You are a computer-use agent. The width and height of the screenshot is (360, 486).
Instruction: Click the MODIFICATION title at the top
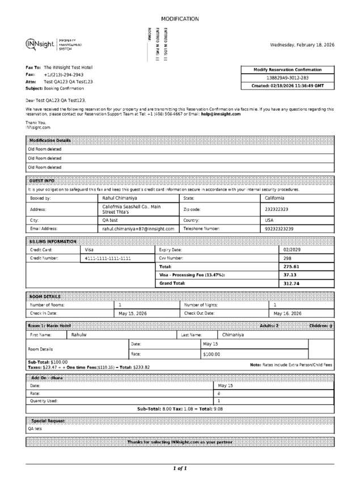coord(180,19)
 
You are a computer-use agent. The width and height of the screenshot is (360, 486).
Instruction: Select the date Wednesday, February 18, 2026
coord(302,44)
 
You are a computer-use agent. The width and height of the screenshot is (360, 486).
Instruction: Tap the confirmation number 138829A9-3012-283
coord(287,78)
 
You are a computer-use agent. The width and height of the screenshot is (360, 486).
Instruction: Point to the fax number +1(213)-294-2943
coord(63,74)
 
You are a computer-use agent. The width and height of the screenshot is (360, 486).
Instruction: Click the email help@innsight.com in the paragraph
coord(221,114)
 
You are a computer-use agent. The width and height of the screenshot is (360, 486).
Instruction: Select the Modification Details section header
coord(50,140)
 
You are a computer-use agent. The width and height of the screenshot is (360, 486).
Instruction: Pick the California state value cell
coord(275,198)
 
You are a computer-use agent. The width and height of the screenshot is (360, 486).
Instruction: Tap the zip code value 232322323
coord(277,209)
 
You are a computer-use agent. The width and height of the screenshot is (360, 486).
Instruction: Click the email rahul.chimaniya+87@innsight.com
coord(138,229)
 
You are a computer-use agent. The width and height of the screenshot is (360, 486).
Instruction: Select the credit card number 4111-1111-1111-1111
coord(108,258)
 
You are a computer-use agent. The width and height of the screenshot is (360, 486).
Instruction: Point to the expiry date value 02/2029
coord(291,250)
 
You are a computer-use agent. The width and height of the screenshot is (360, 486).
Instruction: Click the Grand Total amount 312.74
coord(291,283)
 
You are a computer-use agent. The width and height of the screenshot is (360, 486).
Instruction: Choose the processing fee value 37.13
coord(290,274)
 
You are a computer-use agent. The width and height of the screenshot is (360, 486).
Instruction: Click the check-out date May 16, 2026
coord(287,313)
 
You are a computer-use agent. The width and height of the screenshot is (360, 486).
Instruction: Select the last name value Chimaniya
coord(233,335)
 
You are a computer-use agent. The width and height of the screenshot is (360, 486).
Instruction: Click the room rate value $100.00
coord(211,354)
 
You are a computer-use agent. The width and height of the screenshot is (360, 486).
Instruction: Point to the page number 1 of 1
coord(180,468)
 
